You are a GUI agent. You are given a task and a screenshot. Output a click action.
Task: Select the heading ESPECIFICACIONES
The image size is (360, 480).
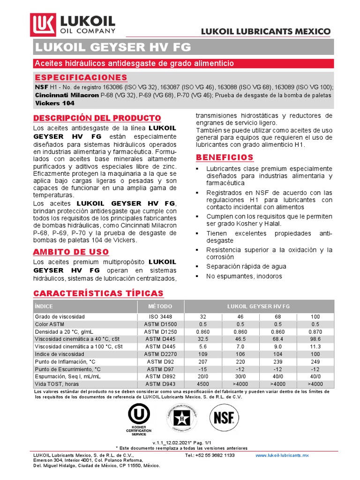pos(81,77)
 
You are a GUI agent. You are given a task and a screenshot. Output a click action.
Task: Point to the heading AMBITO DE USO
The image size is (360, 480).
pos(71,252)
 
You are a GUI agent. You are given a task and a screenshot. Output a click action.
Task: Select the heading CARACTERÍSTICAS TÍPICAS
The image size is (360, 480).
pos(99,293)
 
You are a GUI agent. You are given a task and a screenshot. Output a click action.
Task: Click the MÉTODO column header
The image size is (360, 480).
pos(161,306)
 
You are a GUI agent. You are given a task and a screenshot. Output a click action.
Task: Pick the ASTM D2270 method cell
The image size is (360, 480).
pos(161,354)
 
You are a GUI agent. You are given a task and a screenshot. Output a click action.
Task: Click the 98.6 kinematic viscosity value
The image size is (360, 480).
pos(315,338)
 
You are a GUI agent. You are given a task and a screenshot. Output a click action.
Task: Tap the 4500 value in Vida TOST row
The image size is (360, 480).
pos(203,384)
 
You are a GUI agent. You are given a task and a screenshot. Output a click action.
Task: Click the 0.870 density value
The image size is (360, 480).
pos(315,331)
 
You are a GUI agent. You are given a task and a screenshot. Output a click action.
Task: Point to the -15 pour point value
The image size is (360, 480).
pos(203,369)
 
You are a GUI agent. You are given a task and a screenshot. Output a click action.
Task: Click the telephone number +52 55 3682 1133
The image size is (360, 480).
pos(210,455)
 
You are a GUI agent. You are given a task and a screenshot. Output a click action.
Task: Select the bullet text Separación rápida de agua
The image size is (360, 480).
pos(246,266)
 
